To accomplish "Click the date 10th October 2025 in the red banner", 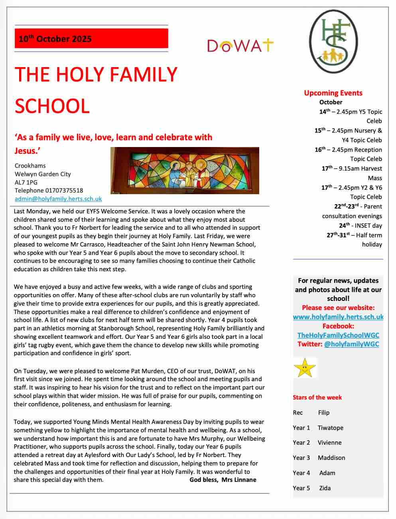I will click(55, 39).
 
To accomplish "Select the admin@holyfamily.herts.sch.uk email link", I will click(58, 199).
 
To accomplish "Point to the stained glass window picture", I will click(185, 171).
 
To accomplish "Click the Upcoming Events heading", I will click(333, 93).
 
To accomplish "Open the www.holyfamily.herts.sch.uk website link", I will click(338, 317).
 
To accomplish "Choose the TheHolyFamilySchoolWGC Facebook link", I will click(338, 335).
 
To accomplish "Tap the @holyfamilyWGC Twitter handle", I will click(351, 344).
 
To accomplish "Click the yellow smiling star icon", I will click(304, 368).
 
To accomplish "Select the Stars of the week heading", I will click(317, 398).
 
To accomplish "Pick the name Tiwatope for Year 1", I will click(330, 428).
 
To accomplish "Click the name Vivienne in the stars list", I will click(329, 443).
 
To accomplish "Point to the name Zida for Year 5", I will click(325, 488).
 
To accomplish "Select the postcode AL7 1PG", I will click(26, 182).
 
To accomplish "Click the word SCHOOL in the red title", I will click(52, 106).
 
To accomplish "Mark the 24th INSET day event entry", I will click(361, 226).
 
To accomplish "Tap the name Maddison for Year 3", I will click(331, 458).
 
